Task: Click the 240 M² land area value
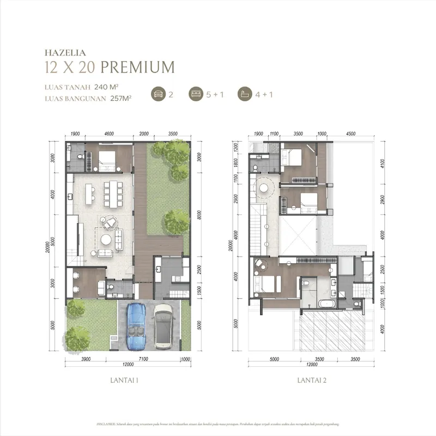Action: click(106, 87)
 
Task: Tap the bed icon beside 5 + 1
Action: click(195, 94)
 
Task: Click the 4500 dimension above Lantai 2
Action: click(350, 133)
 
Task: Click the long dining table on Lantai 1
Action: click(113, 193)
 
